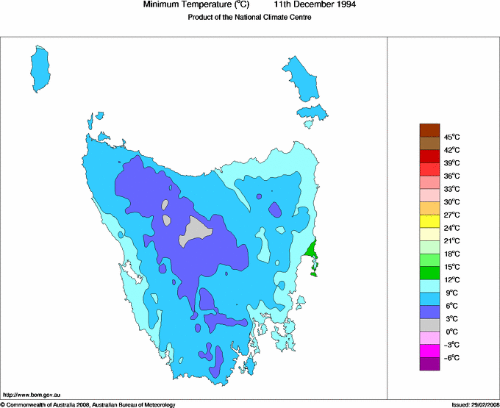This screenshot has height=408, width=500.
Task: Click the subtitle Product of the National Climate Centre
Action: (249, 18)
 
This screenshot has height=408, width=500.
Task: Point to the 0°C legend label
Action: (451, 332)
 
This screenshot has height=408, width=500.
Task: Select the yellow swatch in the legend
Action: (429, 221)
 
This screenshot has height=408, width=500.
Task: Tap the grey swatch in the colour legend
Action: (429, 325)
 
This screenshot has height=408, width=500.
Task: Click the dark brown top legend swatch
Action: (429, 130)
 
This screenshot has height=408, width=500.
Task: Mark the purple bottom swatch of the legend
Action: (429, 364)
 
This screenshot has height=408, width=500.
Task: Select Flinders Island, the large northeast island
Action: (302, 77)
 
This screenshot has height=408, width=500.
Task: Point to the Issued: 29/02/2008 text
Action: (474, 404)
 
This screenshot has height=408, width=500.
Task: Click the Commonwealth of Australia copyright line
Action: (88, 404)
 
